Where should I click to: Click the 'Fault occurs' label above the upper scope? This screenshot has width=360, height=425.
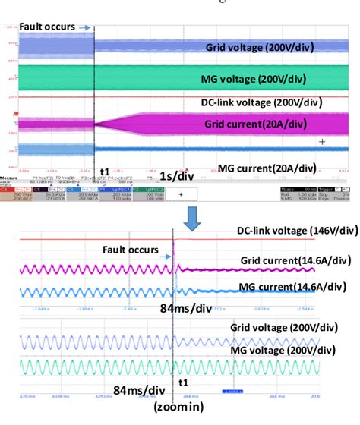point(47,27)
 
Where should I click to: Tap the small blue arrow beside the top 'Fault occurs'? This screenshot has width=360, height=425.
point(84,27)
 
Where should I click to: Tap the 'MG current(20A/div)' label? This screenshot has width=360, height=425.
point(266,168)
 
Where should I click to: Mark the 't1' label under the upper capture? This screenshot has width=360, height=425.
point(104,173)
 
